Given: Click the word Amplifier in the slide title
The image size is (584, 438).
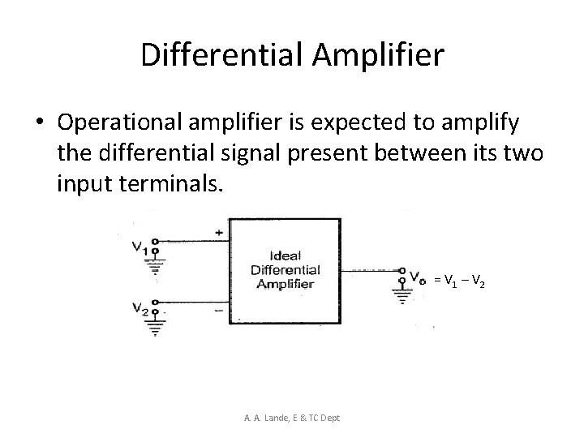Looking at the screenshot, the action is coord(377,55).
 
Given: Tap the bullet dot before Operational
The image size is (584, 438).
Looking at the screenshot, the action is coord(40,122).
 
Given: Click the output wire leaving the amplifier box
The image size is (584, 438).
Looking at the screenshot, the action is coord(369,269).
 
